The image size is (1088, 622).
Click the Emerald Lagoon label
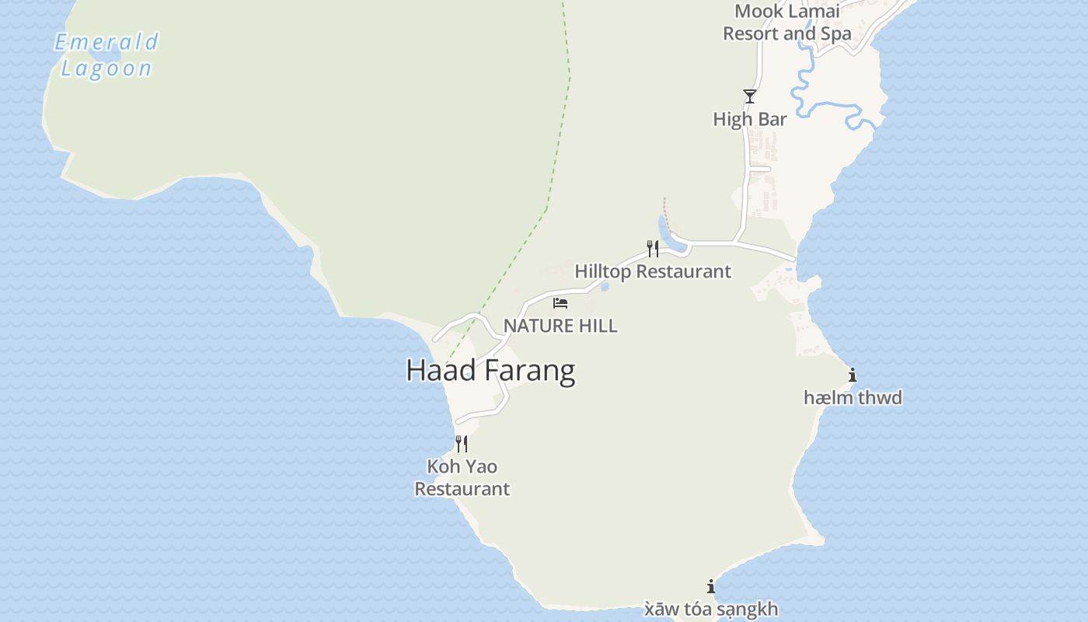click(x=106, y=54)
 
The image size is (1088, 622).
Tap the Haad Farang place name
click(x=490, y=371)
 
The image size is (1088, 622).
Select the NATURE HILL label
click(x=560, y=326)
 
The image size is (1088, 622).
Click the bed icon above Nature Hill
click(x=560, y=302)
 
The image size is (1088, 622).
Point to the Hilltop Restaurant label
click(x=653, y=271)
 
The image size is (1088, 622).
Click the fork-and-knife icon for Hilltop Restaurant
click(x=653, y=249)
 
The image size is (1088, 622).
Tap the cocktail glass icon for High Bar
click(x=750, y=96)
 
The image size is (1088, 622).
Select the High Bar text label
click(x=750, y=119)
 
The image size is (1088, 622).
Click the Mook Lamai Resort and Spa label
click(x=787, y=23)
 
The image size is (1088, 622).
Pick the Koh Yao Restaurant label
click(x=462, y=477)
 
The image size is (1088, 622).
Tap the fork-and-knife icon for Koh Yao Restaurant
click(x=462, y=444)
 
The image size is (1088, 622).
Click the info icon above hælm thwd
click(x=853, y=376)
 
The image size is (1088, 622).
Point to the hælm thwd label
click(x=853, y=398)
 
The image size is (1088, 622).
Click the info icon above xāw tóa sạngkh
click(x=711, y=587)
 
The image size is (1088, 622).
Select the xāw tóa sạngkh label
click(x=711, y=609)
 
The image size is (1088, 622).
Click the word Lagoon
click(x=106, y=68)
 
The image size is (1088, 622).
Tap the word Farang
click(x=529, y=371)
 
